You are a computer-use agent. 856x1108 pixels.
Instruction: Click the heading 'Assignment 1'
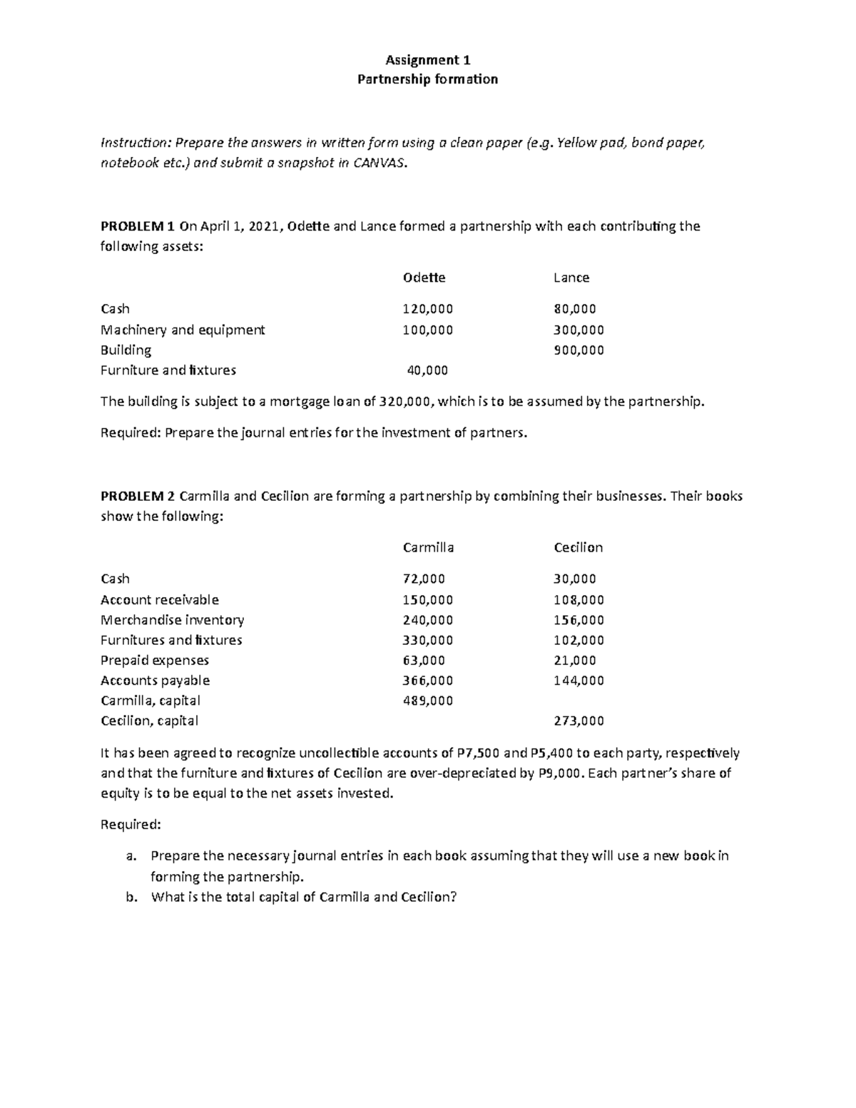tap(427, 60)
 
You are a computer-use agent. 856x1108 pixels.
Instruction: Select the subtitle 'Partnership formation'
tap(427, 79)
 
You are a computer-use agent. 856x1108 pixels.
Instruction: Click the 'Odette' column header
tap(424, 278)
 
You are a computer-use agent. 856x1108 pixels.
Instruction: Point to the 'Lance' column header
tap(571, 278)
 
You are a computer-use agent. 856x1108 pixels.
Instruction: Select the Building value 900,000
tap(579, 350)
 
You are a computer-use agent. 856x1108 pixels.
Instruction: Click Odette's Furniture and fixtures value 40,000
tap(427, 370)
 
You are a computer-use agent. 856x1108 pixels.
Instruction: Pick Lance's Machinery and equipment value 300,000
tap(579, 330)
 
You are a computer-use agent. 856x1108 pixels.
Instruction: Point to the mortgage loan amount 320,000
tap(404, 402)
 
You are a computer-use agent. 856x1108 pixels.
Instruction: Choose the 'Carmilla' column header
tap(428, 548)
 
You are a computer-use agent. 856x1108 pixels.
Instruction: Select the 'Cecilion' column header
tap(579, 548)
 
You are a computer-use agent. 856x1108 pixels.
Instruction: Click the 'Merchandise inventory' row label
tap(172, 620)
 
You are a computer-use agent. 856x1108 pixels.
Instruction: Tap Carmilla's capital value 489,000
tap(428, 701)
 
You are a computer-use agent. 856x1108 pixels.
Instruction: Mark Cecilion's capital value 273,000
tap(579, 721)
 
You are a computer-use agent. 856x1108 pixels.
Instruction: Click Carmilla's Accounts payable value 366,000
tap(428, 681)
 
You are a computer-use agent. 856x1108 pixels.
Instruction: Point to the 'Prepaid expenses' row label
tap(155, 661)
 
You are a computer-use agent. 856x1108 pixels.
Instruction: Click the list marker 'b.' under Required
tap(131, 898)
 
